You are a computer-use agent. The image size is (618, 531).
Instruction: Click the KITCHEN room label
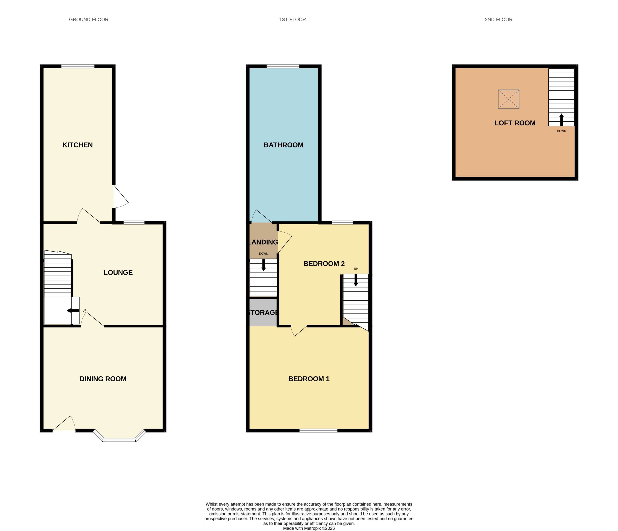[77, 145]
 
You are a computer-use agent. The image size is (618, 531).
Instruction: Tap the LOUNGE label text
[118, 272]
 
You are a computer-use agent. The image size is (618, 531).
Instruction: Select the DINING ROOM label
[103, 379]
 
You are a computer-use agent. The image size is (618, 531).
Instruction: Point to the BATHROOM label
[283, 145]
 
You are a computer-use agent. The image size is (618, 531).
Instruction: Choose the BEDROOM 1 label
[309, 379]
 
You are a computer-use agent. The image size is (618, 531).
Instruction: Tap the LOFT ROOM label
[515, 123]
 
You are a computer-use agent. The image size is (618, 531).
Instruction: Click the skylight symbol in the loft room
[509, 99]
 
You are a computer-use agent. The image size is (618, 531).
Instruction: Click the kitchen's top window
[78, 66]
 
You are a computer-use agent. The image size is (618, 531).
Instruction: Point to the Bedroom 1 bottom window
[318, 431]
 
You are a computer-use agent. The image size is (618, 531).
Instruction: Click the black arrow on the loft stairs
[561, 119]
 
